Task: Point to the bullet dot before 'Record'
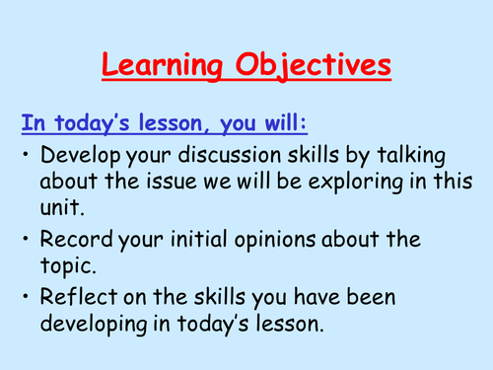tap(25, 238)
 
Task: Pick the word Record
tap(71, 239)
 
